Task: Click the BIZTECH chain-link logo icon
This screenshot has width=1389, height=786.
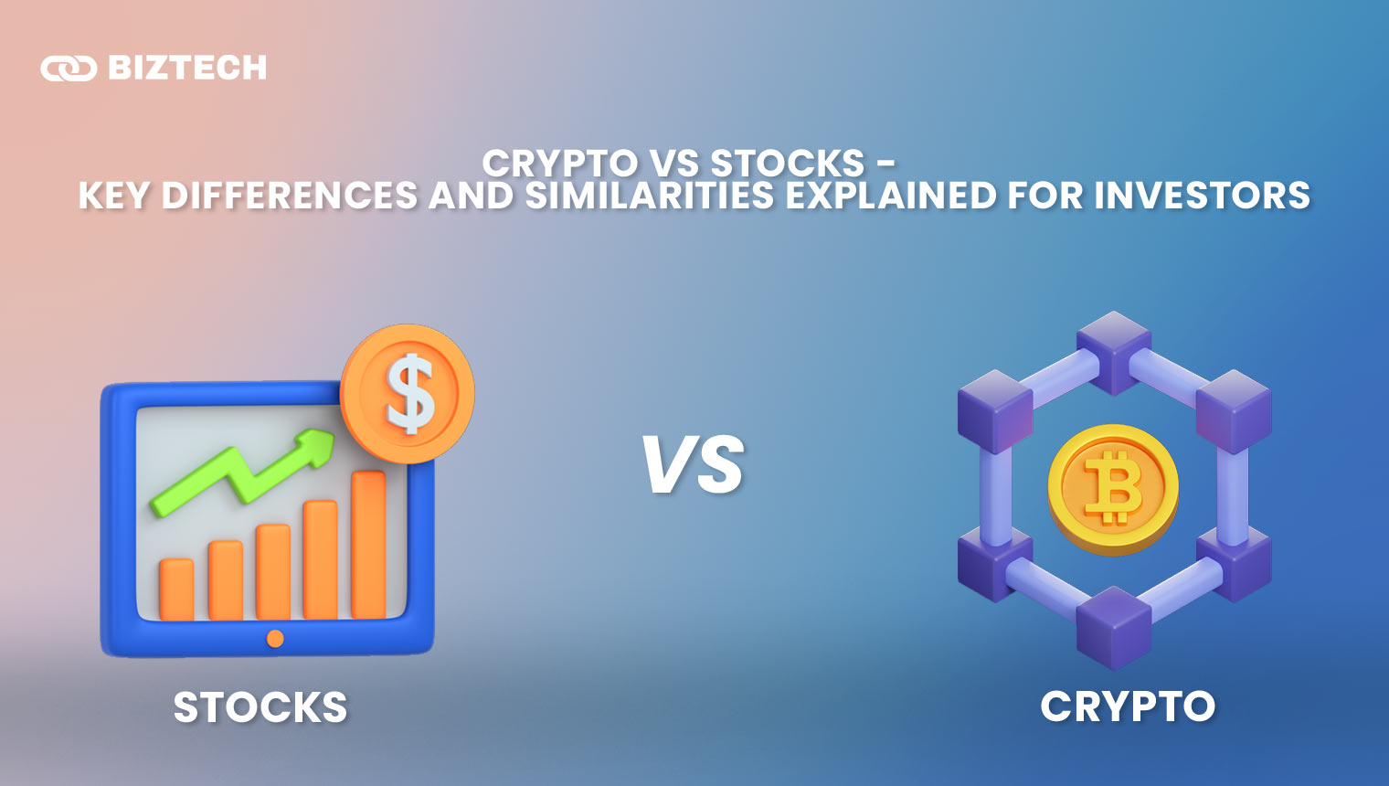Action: (69, 69)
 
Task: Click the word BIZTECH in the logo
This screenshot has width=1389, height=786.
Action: (187, 68)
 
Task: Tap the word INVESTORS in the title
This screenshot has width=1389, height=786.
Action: (1202, 195)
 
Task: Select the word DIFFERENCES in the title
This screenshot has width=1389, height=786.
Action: (290, 195)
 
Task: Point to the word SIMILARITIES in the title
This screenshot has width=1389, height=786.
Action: (650, 195)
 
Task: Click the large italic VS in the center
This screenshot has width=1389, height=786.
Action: (692, 464)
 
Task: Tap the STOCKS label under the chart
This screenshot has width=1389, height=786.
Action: (260, 707)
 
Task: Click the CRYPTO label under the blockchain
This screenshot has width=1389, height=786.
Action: (1128, 706)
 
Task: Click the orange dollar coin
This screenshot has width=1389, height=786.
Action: (408, 393)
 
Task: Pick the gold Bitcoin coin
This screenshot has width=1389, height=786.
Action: (1114, 489)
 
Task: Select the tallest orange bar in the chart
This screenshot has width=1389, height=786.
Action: (368, 545)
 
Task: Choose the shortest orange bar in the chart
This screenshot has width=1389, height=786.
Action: (176, 589)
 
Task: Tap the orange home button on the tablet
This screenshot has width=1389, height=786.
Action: (275, 638)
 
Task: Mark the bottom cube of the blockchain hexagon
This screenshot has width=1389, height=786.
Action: (1114, 628)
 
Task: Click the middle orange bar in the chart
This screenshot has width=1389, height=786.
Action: (273, 572)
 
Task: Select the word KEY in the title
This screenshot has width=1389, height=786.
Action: (114, 195)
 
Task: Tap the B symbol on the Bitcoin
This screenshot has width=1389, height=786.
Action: (1114, 488)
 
